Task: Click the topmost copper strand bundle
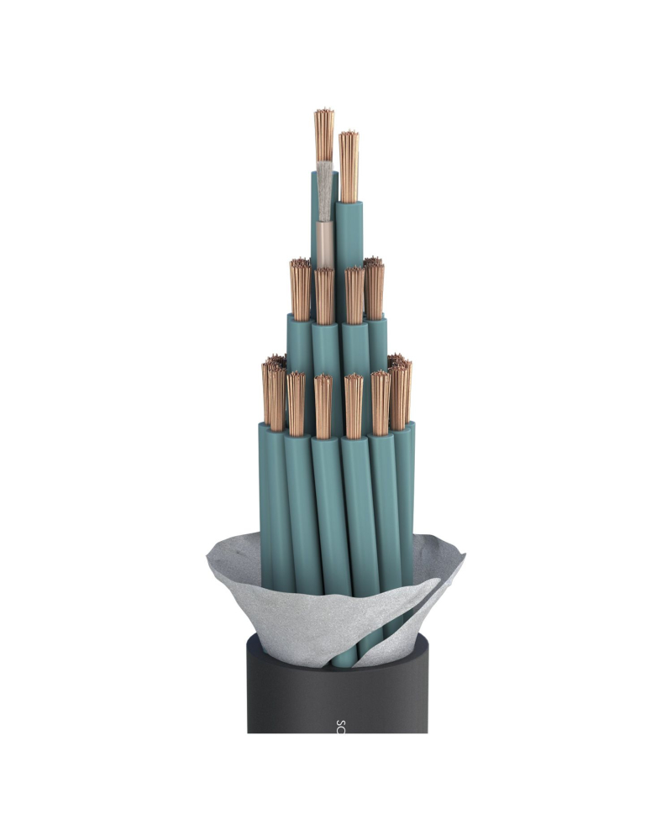click(324, 134)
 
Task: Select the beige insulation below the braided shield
click(324, 244)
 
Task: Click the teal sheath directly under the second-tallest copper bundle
click(349, 235)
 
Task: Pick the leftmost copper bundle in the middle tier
click(300, 290)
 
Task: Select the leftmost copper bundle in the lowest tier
click(274, 395)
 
